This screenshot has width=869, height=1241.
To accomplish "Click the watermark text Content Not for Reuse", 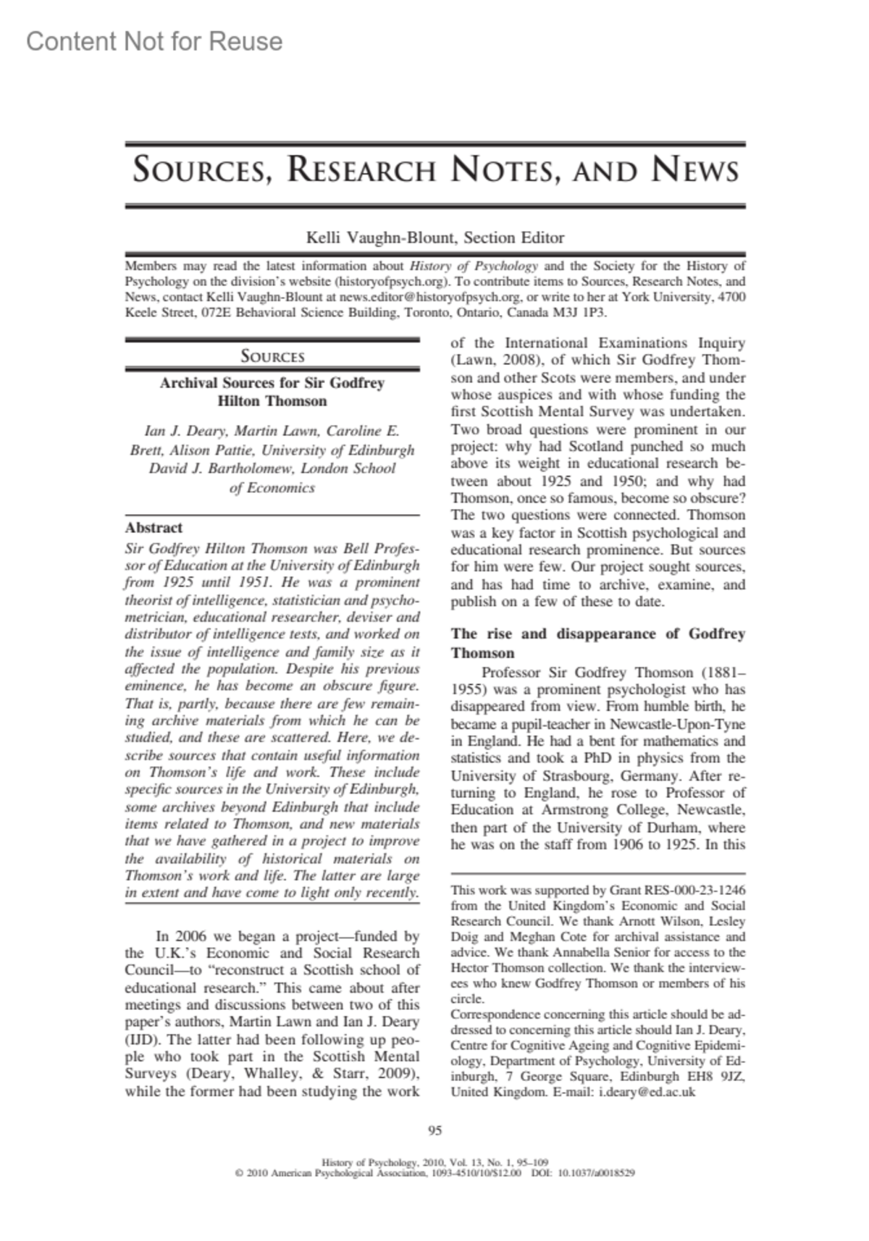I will [154, 42].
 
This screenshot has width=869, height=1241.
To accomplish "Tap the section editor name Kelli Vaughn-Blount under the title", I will [381, 237].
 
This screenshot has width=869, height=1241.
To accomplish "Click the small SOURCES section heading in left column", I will [272, 356].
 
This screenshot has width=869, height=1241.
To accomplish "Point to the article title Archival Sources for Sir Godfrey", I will [272, 383].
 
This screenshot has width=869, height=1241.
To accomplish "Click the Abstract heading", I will [154, 527].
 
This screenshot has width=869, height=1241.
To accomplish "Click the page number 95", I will [435, 1131].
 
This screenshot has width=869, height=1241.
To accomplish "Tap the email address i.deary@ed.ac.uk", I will [647, 1093].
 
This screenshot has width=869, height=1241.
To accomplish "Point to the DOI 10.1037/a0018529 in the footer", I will [596, 1173].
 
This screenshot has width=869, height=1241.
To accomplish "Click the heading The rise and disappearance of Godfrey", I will [597, 634].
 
